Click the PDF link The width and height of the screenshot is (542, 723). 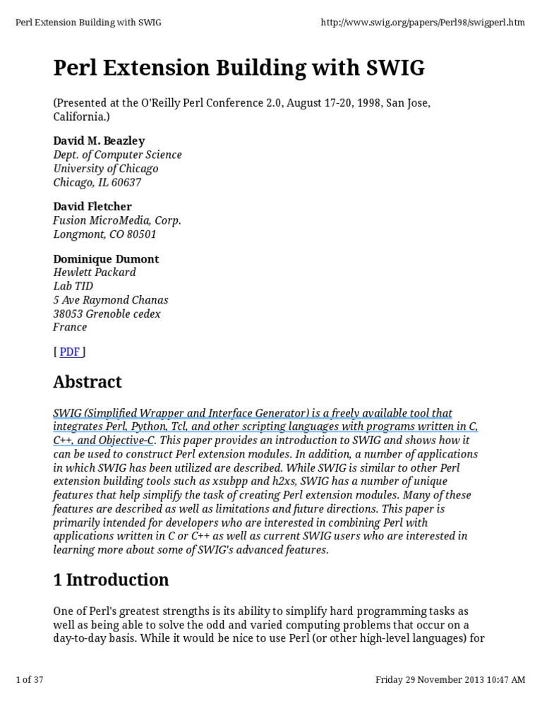[x=69, y=352]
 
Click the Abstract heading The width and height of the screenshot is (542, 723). [x=88, y=382]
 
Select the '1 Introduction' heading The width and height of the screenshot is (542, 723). [x=111, y=580]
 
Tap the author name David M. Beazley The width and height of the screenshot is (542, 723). [x=99, y=141]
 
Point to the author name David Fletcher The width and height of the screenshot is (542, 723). [x=92, y=206]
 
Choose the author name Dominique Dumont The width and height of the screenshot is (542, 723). [x=106, y=258]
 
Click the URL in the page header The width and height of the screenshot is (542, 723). [x=423, y=23]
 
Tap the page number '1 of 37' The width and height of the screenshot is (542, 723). [x=30, y=680]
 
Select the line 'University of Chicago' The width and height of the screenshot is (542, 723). [x=106, y=169]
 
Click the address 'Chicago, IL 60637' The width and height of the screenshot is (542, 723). [x=97, y=182]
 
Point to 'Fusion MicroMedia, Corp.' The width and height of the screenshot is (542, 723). [x=117, y=220]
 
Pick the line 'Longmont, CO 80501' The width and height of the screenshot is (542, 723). [x=104, y=234]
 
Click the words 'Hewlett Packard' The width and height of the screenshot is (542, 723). [x=95, y=273]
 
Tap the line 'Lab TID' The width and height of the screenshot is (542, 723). [x=73, y=286]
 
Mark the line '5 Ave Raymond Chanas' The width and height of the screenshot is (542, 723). [x=111, y=300]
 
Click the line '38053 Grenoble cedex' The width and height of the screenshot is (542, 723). [x=107, y=313]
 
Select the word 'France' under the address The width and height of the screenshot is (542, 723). [x=70, y=328]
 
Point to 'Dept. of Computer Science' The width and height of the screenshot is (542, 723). [x=118, y=155]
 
